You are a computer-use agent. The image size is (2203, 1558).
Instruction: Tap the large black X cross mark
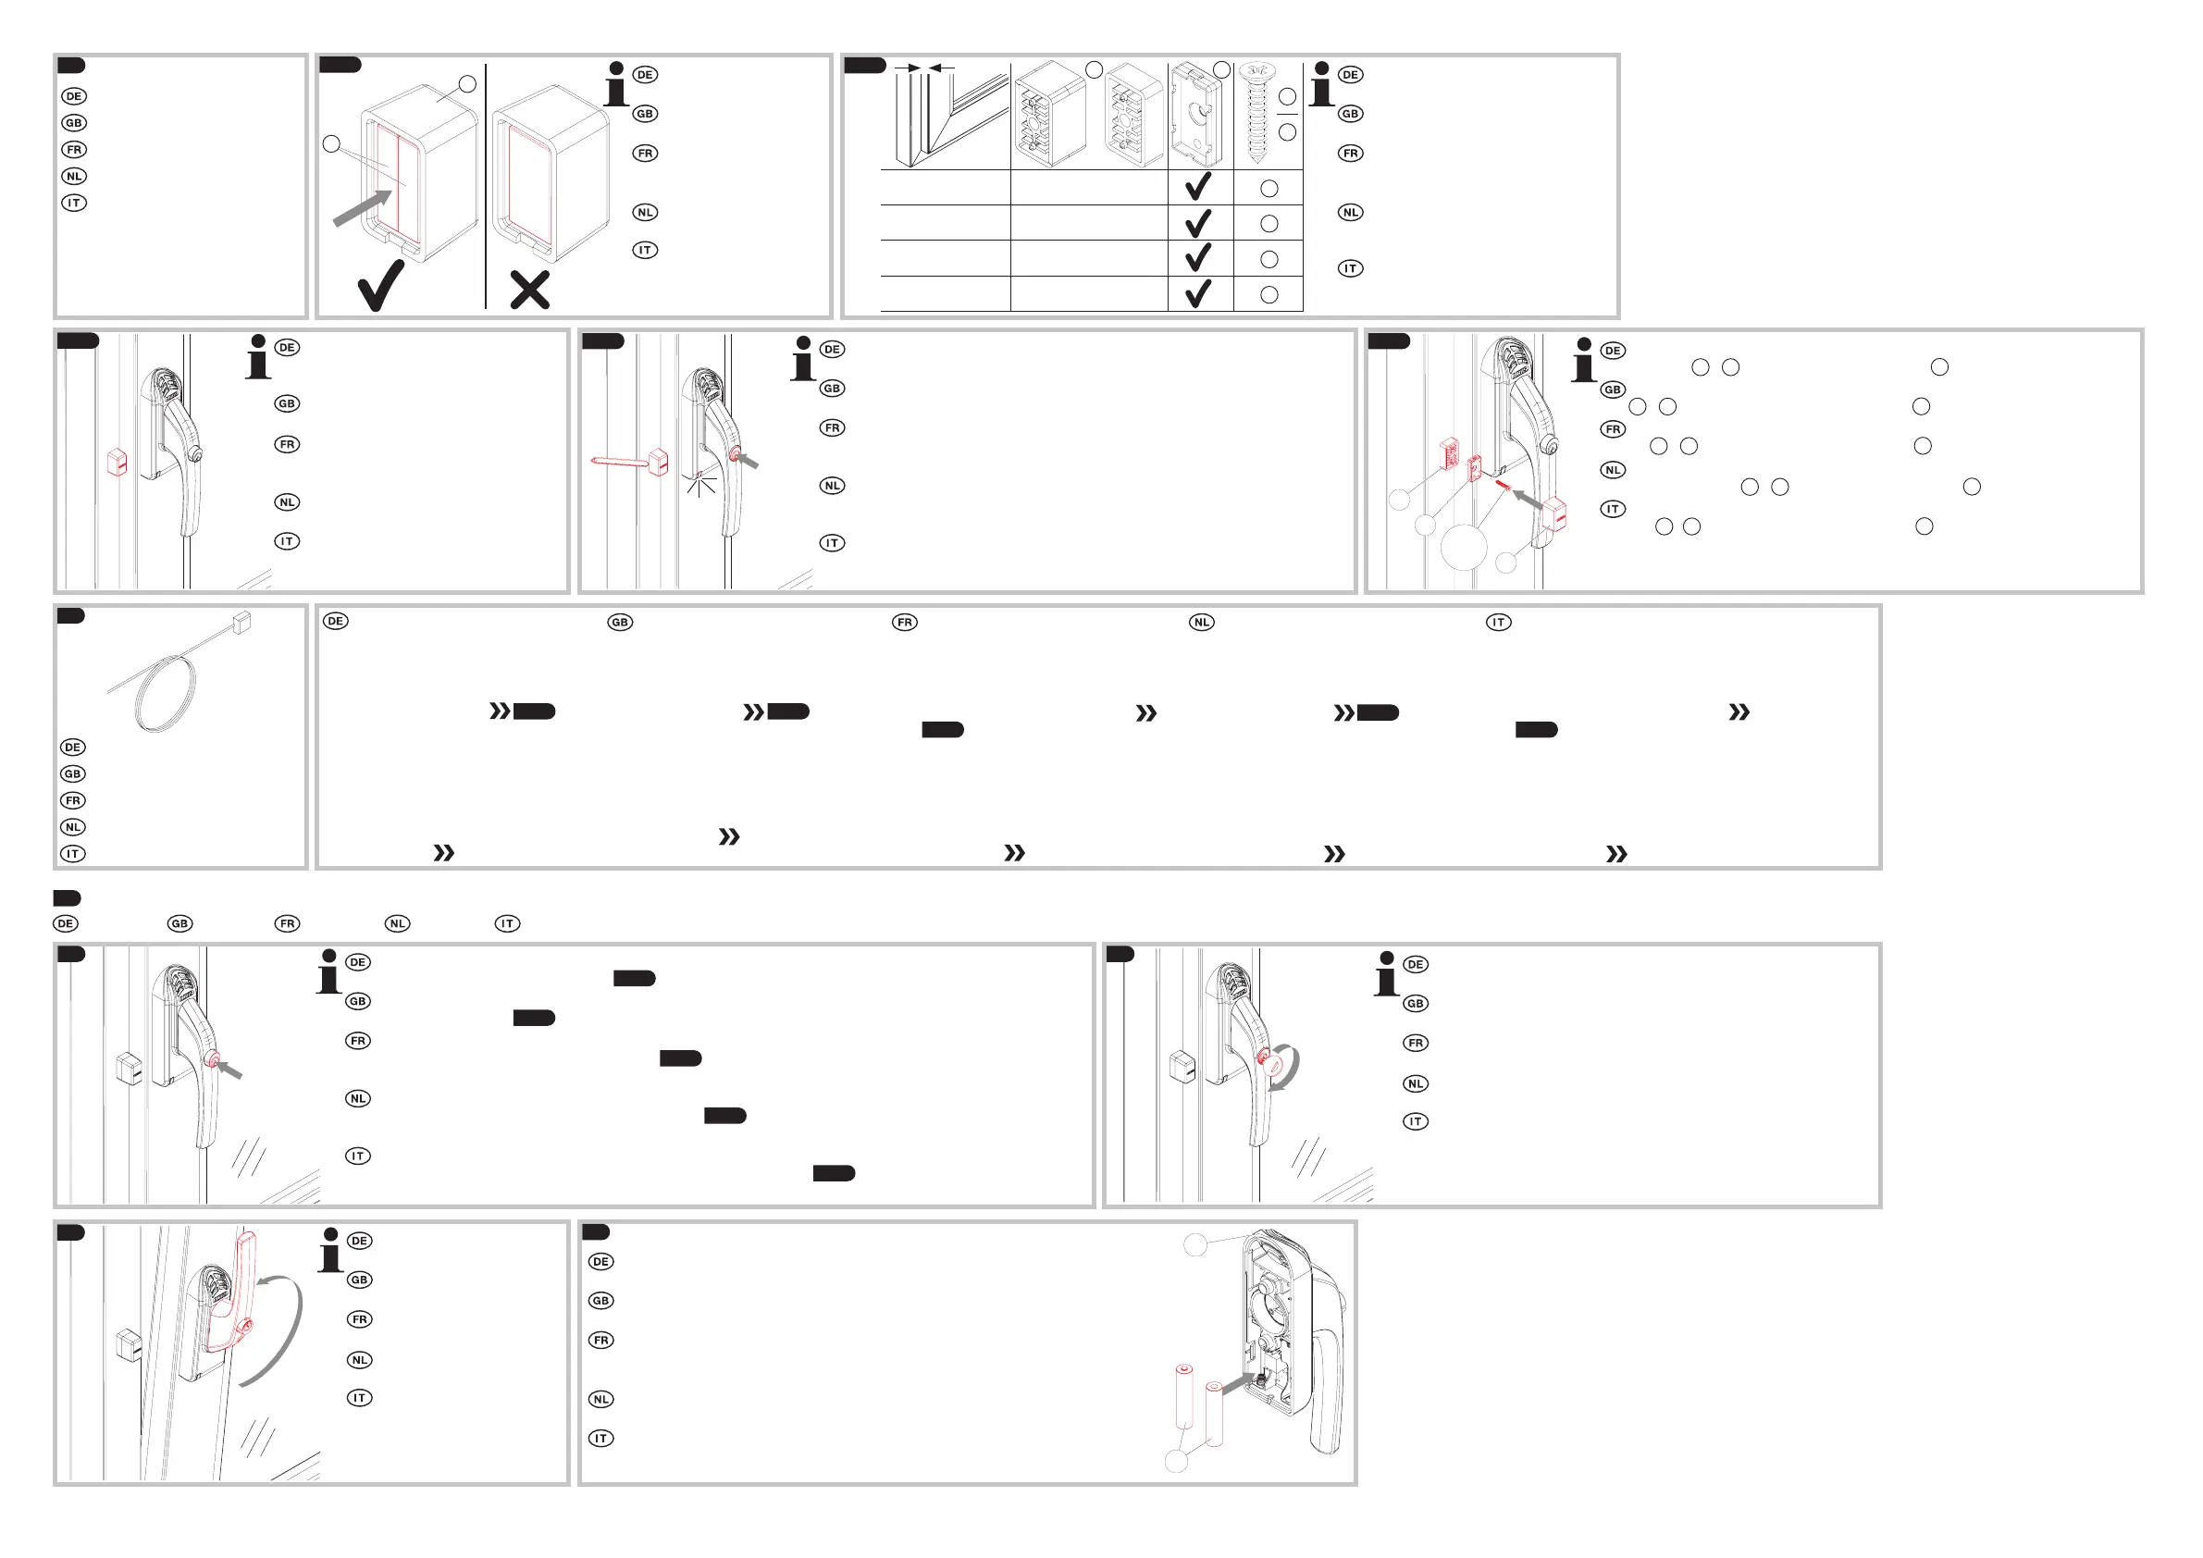click(x=529, y=291)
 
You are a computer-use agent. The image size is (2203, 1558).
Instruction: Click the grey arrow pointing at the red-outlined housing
click(x=363, y=208)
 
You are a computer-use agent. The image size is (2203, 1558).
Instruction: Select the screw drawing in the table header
click(x=1256, y=112)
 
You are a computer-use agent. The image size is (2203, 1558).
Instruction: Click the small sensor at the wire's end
click(x=241, y=623)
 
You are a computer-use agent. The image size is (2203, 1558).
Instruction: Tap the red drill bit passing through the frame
click(x=621, y=462)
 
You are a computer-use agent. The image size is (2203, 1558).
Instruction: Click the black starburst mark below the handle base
click(x=700, y=485)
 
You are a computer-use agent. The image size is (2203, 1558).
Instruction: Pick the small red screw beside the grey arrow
click(x=1503, y=487)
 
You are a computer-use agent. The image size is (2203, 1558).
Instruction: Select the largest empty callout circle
click(x=1463, y=547)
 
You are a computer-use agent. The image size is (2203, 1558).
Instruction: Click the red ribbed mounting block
click(x=1449, y=452)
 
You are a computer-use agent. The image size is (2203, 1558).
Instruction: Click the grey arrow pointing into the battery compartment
click(x=1238, y=1383)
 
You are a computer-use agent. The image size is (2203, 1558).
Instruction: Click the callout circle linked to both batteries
click(x=1176, y=1461)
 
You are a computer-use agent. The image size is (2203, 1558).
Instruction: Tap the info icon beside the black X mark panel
click(x=616, y=84)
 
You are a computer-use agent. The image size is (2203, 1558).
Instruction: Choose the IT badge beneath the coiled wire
click(x=73, y=854)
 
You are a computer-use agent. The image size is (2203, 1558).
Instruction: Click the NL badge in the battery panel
click(x=600, y=1400)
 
